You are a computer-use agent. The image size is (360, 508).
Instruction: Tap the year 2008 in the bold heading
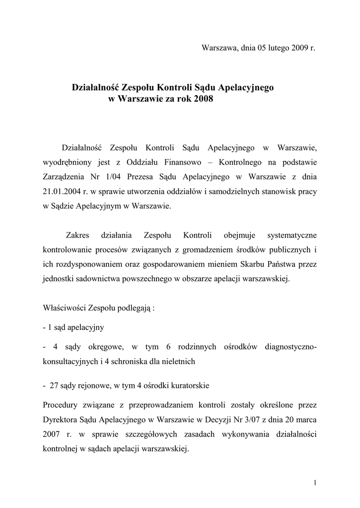pyautogui.click(x=203, y=99)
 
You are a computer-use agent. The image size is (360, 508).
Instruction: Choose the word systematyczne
pyautogui.click(x=292, y=235)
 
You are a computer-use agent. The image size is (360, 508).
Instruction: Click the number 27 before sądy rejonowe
pyautogui.click(x=54, y=385)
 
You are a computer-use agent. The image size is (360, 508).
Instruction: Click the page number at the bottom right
pyautogui.click(x=315, y=483)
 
